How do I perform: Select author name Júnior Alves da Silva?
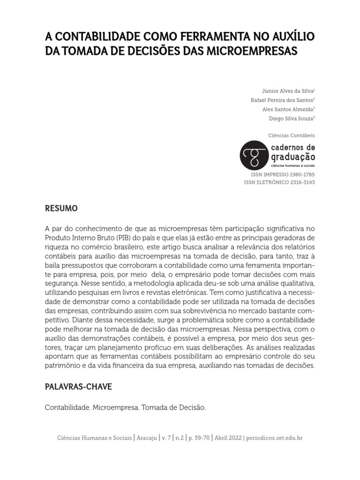tap(287, 91)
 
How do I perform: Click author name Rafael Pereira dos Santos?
tap(282, 100)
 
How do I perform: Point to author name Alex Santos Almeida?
tap(288, 109)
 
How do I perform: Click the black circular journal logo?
tap(254, 155)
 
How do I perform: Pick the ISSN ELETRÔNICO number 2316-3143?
tap(301, 182)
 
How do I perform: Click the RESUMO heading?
tap(61, 208)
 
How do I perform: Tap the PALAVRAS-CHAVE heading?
tap(78, 388)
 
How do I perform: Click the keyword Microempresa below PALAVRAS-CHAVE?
tap(115, 408)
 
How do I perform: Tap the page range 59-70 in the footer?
tap(199, 438)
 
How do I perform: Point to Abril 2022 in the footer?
tap(227, 438)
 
